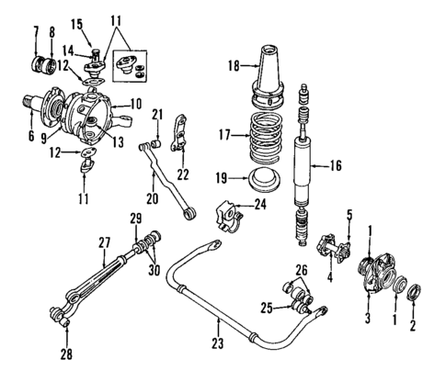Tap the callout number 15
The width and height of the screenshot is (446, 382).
(x=76, y=23)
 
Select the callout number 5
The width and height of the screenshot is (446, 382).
(x=349, y=217)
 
